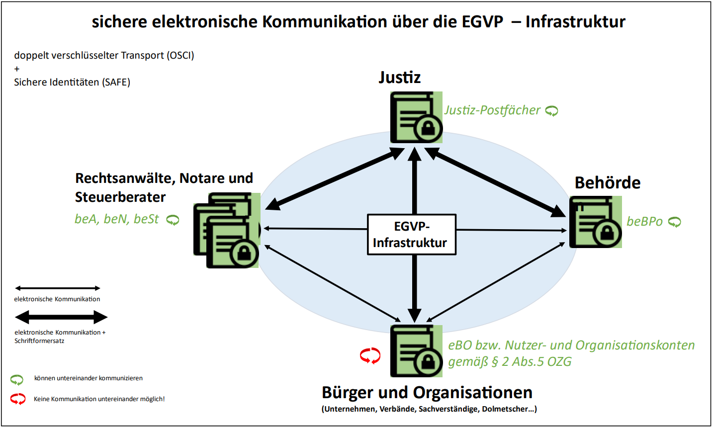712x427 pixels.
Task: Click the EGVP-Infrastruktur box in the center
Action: tap(411, 235)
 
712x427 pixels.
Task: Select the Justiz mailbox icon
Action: tap(416, 117)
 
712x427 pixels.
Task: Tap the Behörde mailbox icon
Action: tap(595, 222)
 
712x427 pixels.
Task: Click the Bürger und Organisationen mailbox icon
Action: tap(416, 351)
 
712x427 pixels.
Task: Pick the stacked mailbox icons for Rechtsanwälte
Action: tap(227, 230)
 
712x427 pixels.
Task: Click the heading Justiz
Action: tap(399, 78)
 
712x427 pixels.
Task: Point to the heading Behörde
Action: tap(607, 182)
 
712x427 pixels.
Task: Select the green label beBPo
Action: tap(644, 221)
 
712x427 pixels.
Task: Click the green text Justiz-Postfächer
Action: tap(492, 110)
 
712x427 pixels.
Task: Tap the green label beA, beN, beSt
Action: tap(117, 219)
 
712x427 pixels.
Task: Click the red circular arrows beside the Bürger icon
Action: tap(370, 355)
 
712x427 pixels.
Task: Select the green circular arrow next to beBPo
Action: tap(675, 222)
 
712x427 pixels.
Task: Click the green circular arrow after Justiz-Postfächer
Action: tap(552, 111)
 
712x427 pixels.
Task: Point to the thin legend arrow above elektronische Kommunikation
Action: tap(58, 288)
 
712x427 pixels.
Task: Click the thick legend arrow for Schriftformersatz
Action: tap(61, 317)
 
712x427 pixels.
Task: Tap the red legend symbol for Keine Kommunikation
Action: tap(18, 399)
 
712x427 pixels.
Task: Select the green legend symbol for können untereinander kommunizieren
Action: tap(17, 380)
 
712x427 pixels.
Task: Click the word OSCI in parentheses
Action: tap(180, 55)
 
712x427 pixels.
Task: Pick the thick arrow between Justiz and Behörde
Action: tap(495, 182)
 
